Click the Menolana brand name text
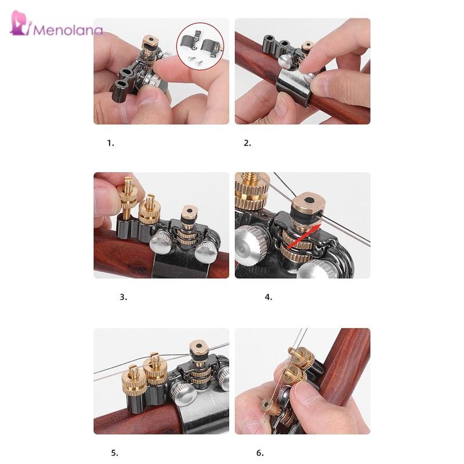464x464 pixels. point(68,30)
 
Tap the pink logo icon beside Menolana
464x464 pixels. point(20,23)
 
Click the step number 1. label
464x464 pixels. point(110,143)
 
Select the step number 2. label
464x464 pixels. point(248,143)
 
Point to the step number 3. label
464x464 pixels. point(124,297)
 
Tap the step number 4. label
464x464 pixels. point(269,297)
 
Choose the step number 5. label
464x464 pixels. point(114,453)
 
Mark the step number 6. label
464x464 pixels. point(260,453)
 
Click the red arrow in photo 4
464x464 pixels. point(304,236)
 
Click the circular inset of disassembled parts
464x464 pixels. point(200,46)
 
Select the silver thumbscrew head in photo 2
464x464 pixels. point(284,61)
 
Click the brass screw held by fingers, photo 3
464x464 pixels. point(128,197)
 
